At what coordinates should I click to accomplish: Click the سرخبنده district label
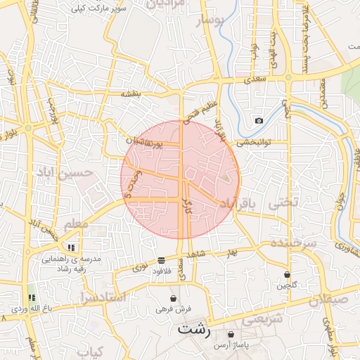292,243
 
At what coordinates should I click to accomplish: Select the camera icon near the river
259,120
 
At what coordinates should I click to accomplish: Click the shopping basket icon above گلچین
287,274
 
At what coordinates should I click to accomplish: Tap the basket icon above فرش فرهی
173,298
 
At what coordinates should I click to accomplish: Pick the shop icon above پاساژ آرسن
231,334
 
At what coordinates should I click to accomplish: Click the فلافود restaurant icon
162,259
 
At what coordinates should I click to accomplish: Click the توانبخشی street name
250,141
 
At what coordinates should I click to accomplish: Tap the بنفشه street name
131,94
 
